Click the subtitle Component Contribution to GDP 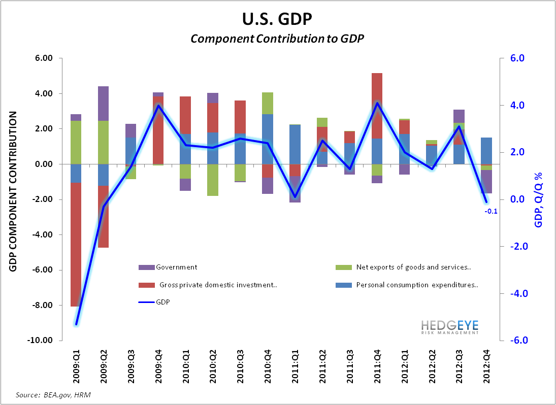click(x=278, y=39)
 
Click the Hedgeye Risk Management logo click(x=449, y=327)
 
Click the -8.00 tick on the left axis click(x=43, y=306)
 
